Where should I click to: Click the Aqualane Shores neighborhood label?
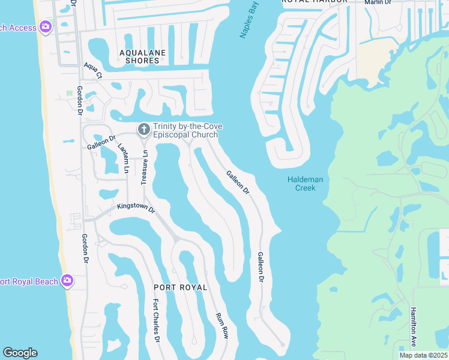tap(143, 56)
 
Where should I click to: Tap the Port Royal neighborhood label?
tap(180, 287)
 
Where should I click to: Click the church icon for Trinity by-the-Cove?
tap(144, 129)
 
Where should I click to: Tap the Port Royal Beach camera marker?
tap(68, 280)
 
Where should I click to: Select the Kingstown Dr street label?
tap(136, 208)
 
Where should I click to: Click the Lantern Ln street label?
tap(124, 159)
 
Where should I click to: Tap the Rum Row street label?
tap(222, 325)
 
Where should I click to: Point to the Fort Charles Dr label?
tap(156, 320)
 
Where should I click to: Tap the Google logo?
tap(20, 353)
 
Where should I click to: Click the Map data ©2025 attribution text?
tap(423, 355)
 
